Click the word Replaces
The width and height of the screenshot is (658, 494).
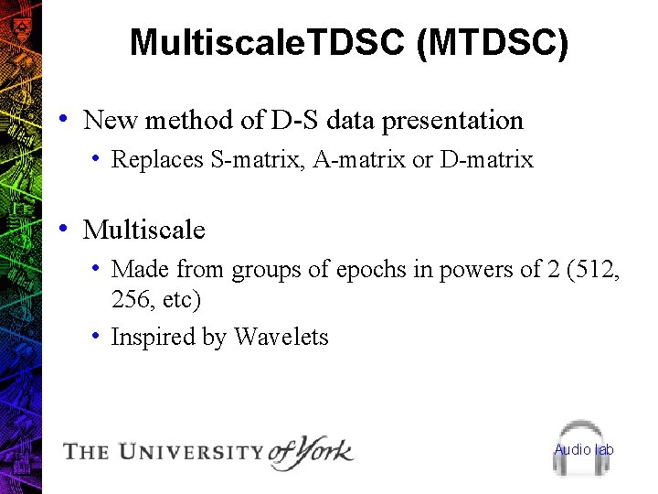coord(157,160)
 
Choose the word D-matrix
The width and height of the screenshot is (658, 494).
coord(486,160)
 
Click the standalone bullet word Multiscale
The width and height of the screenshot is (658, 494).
coord(144,230)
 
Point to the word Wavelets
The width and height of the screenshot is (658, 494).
coord(281,338)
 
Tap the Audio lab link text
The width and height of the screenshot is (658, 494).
coord(584,449)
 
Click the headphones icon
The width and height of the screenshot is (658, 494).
coord(583,448)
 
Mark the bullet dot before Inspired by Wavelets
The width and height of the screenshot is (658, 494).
coord(96,335)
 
